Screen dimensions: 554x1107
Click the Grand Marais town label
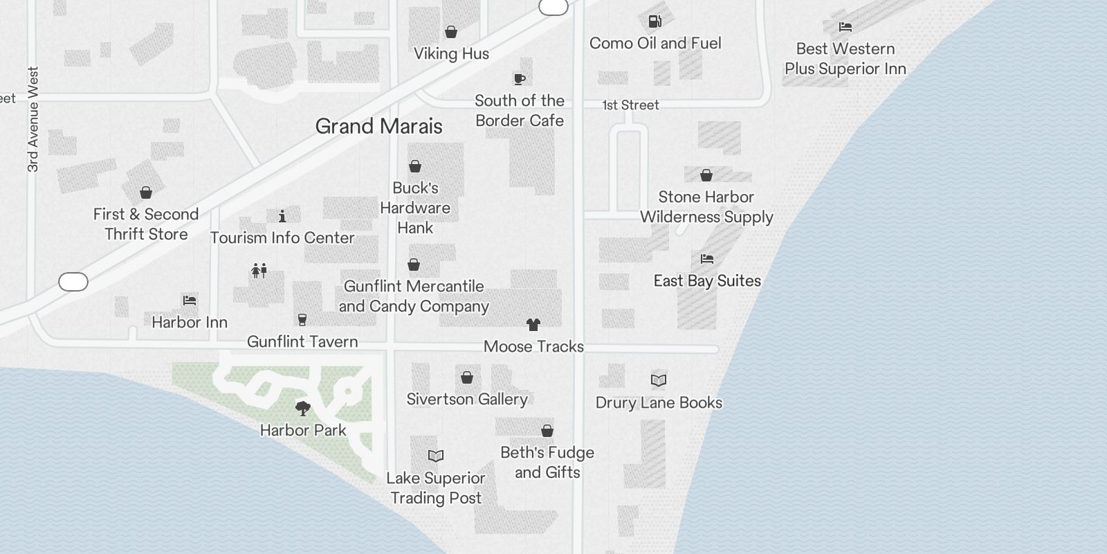pyautogui.click(x=378, y=126)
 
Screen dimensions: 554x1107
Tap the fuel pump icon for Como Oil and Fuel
pyautogui.click(x=655, y=21)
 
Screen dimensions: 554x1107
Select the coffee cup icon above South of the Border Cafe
pyautogui.click(x=519, y=79)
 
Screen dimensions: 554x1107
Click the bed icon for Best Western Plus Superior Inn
pyautogui.click(x=845, y=27)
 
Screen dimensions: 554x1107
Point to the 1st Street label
pyautogui.click(x=630, y=105)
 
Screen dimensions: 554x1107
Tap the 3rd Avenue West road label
pyautogui.click(x=33, y=119)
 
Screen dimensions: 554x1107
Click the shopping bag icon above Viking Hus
pyautogui.click(x=451, y=32)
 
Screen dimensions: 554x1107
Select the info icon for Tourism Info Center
pyautogui.click(x=282, y=216)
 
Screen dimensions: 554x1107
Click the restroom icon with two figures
pyautogui.click(x=259, y=270)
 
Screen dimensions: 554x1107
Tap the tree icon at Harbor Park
pyautogui.click(x=302, y=408)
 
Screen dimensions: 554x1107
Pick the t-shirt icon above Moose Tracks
pyautogui.click(x=533, y=324)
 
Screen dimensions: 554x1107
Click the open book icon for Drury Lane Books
pyautogui.click(x=659, y=380)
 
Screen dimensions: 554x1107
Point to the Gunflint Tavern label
pyautogui.click(x=302, y=341)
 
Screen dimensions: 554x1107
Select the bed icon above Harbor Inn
pyautogui.click(x=190, y=301)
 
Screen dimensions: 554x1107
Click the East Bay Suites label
pyautogui.click(x=707, y=280)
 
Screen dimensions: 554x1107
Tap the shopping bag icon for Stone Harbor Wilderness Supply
pyautogui.click(x=706, y=175)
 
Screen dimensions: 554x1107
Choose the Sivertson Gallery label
pyautogui.click(x=467, y=399)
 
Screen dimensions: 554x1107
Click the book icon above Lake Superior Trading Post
pyautogui.click(x=436, y=456)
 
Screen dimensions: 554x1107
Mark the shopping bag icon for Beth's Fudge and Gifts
pyautogui.click(x=547, y=431)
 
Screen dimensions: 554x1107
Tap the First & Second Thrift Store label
pyautogui.click(x=146, y=224)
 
